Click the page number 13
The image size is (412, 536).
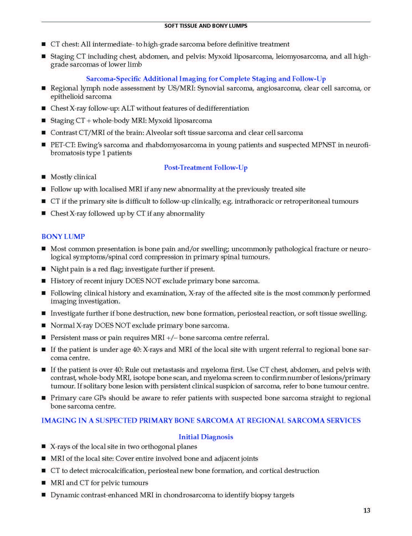point(367,510)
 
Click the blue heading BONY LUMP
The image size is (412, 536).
point(63,236)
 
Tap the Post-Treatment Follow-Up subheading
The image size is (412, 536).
point(206,167)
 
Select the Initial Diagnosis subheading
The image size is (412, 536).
point(206,437)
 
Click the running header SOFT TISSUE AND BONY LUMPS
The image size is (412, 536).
point(206,26)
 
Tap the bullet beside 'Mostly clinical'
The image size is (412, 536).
point(43,177)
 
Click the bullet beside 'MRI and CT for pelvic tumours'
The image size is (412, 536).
point(43,483)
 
